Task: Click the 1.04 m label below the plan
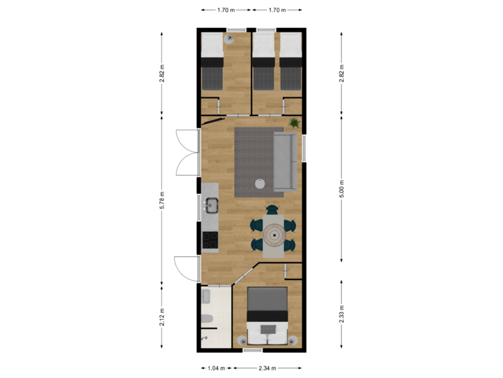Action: point(217,367)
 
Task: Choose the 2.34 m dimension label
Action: point(268,367)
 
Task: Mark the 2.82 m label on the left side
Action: point(162,74)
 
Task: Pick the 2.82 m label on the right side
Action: point(342,74)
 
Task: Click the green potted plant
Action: point(294,123)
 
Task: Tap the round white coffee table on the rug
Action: point(260,183)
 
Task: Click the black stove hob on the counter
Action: point(210,240)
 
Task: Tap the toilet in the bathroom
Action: point(206,321)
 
